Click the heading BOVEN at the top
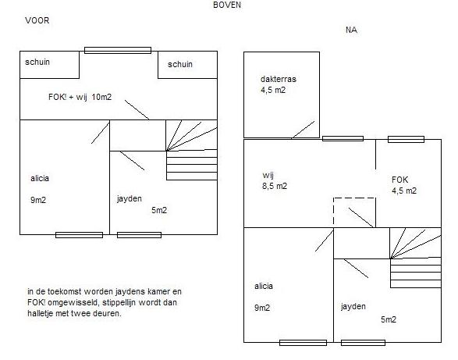click(x=227, y=5)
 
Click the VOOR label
click(x=37, y=20)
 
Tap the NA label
click(x=351, y=30)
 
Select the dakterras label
click(x=279, y=79)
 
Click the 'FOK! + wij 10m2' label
click(x=80, y=97)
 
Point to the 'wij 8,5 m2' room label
click(x=275, y=180)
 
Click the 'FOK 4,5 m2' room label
click(x=404, y=185)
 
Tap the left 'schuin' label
click(x=37, y=62)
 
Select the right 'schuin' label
click(x=180, y=64)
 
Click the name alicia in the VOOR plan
click(x=40, y=178)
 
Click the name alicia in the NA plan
click(x=264, y=286)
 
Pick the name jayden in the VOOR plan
click(x=130, y=199)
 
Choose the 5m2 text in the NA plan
click(x=389, y=319)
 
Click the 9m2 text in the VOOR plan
click(x=38, y=200)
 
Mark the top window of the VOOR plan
click(x=118, y=50)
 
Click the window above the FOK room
click(x=406, y=139)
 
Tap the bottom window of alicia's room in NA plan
click(x=303, y=343)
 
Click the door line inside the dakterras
click(x=303, y=130)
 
